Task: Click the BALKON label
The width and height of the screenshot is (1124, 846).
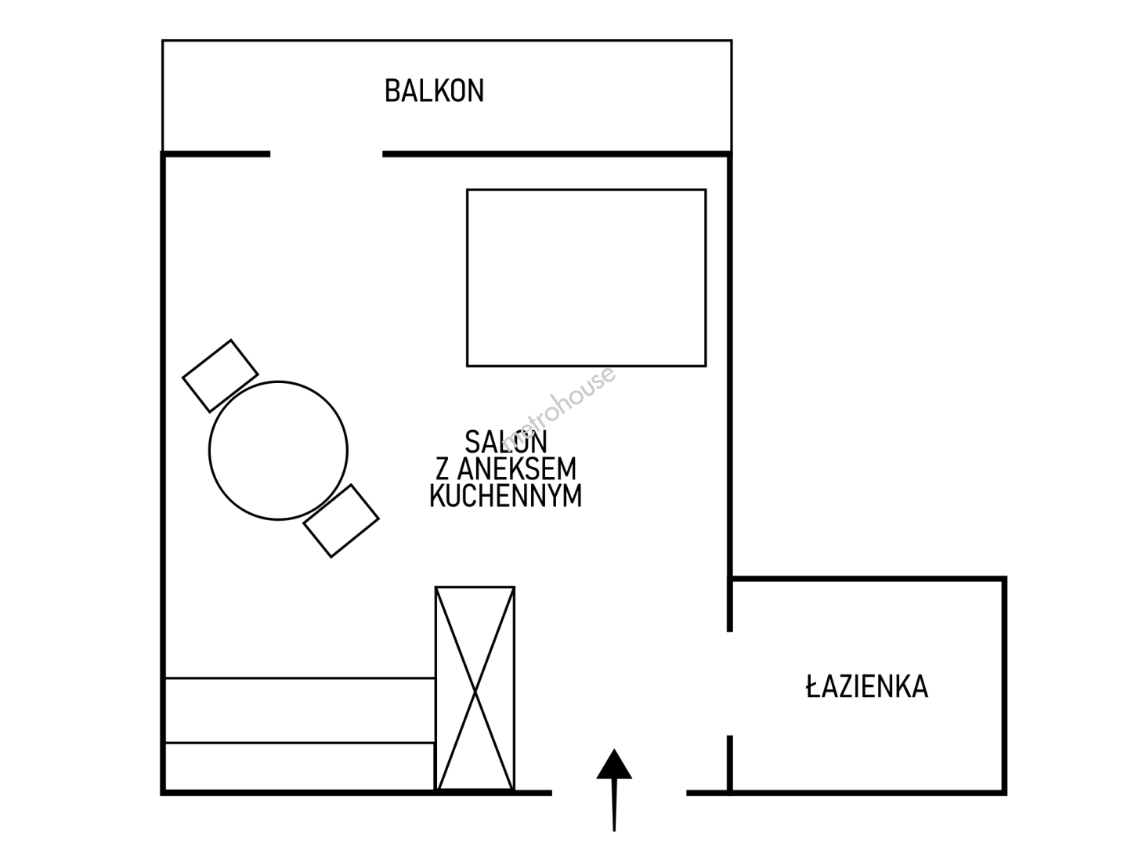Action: point(434,91)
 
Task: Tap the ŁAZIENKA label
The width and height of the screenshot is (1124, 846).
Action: point(867,686)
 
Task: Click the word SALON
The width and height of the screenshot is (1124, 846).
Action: point(506,442)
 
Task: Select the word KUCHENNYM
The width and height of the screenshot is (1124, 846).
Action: point(506,495)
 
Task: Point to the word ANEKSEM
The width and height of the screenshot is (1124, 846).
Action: point(517,468)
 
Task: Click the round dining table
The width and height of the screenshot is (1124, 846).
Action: point(278,450)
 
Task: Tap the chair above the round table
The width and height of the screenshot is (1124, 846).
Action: point(220,376)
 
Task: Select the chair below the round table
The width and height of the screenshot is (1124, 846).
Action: point(341,521)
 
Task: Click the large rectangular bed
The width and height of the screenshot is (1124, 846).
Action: point(587,278)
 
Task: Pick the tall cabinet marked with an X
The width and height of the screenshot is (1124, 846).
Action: point(475,689)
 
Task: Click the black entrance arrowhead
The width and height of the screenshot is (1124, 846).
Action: point(614,764)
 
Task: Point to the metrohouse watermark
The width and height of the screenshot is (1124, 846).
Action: point(558,409)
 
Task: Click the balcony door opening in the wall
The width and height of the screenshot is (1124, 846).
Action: point(326,154)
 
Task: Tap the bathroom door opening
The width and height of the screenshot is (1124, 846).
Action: point(730,684)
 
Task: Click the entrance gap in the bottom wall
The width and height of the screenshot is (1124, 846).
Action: point(619,794)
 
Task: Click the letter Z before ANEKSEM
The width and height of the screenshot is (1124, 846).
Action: point(442,468)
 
